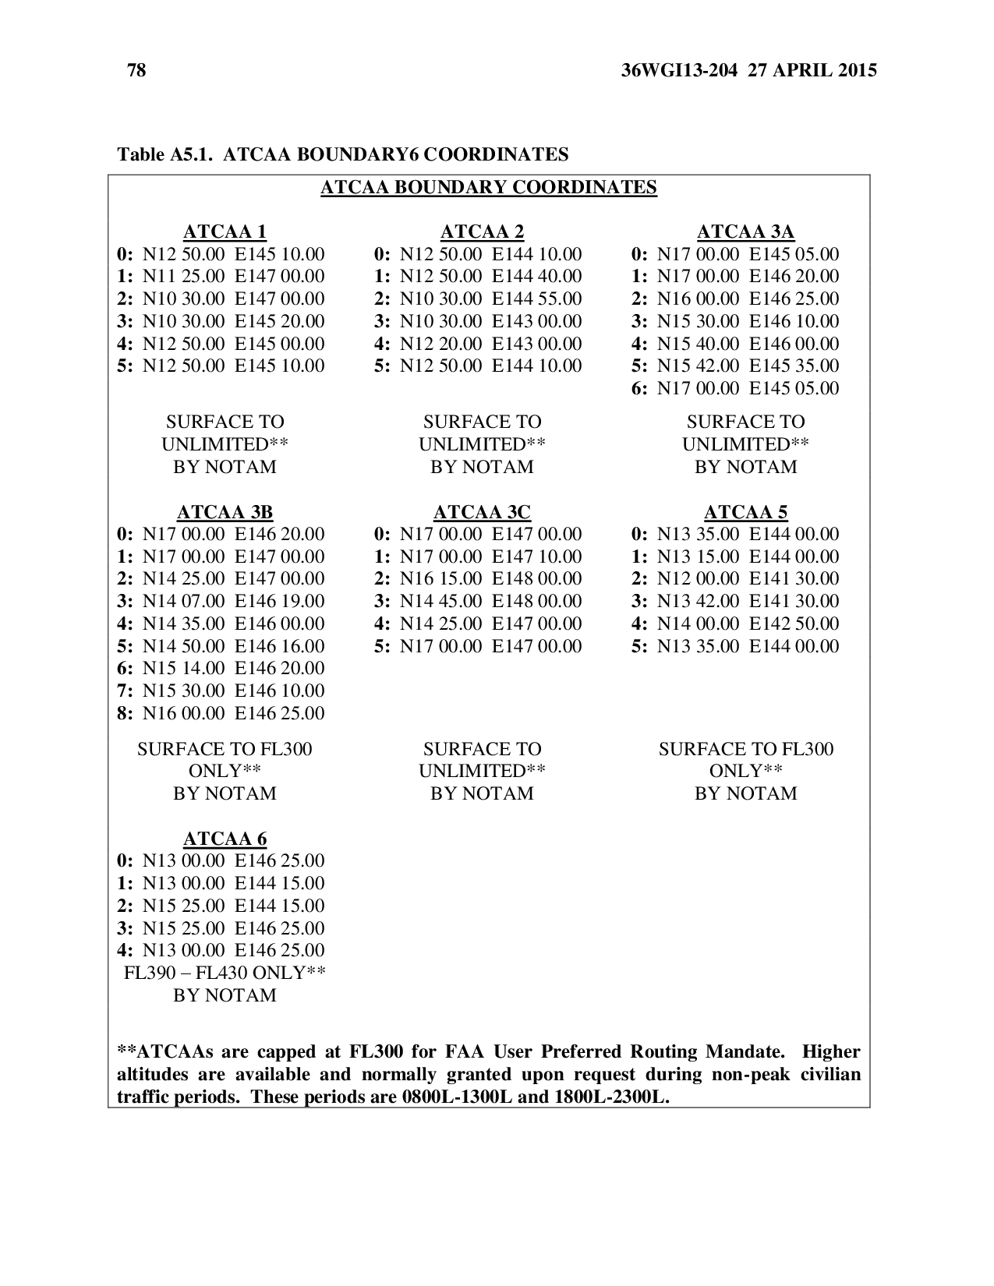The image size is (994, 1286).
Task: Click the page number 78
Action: (x=136, y=71)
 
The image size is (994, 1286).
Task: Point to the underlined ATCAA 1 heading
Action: (x=225, y=231)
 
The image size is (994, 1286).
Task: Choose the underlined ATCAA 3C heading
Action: (x=482, y=512)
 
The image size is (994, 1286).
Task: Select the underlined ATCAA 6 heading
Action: (x=225, y=839)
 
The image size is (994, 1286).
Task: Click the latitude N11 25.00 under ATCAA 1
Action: (x=184, y=277)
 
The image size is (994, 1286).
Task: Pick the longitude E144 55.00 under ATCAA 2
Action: (x=537, y=299)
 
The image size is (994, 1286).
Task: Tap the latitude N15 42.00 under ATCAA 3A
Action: (x=698, y=366)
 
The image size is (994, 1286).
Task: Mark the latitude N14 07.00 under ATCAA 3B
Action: (x=184, y=601)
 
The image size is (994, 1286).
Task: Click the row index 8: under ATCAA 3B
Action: (x=125, y=713)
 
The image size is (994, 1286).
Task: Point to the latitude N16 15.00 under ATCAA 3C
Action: (x=441, y=578)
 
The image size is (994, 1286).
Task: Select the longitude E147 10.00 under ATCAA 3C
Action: (x=537, y=556)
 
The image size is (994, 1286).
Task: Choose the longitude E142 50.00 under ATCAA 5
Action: (x=794, y=624)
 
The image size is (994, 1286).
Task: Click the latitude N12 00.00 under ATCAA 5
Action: (x=698, y=578)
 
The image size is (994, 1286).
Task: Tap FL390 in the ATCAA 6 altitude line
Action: (x=150, y=973)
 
